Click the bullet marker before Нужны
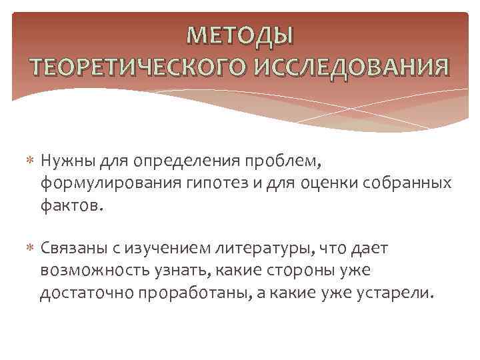29,161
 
